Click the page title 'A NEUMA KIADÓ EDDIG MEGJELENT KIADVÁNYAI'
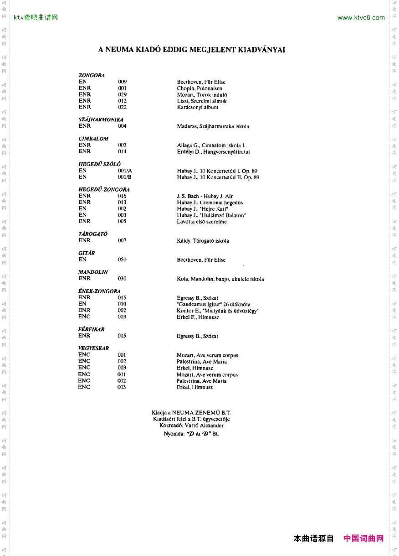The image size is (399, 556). tap(192, 50)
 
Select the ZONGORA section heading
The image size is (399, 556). tap(92, 75)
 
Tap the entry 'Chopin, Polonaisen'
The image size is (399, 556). tap(199, 88)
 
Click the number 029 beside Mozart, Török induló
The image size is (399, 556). tap(122, 94)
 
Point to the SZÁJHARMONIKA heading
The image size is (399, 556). tap(101, 120)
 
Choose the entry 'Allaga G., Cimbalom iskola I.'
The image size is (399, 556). tap(211, 145)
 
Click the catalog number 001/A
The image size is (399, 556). tap(125, 171)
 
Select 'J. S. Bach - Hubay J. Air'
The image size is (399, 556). tap(205, 196)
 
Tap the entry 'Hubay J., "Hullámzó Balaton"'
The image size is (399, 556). tap(211, 215)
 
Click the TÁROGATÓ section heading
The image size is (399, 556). tap(93, 234)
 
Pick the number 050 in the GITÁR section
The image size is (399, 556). tap(122, 260)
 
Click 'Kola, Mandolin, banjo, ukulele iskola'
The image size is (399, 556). tap(220, 279)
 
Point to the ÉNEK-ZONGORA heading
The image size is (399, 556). tap(99, 291)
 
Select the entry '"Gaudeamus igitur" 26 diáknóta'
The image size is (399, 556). tap(213, 304)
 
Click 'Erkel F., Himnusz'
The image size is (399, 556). tap(198, 317)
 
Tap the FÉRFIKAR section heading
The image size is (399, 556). tap(91, 329)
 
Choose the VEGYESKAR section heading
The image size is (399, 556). tap(93, 348)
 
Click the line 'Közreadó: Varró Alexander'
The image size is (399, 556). tap(191, 426)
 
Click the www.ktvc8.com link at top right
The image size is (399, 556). tap(361, 18)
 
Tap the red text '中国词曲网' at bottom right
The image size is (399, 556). tap(363, 539)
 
